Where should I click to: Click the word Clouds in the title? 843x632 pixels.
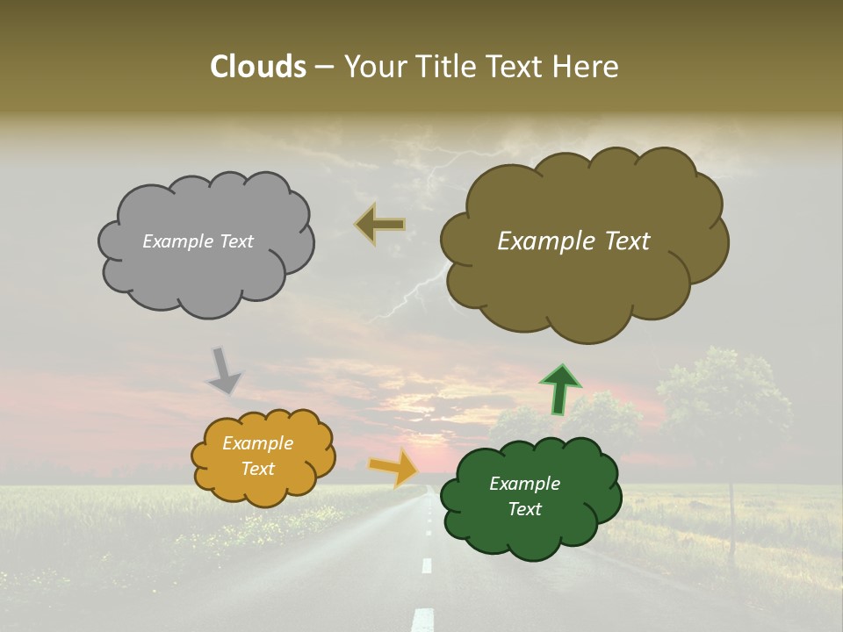[257, 67]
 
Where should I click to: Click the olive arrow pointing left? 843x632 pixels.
[381, 225]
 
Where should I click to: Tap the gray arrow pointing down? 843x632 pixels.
[224, 370]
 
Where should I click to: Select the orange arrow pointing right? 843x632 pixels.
[393, 467]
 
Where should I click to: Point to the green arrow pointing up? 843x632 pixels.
[559, 389]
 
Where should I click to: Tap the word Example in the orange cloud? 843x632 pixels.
[257, 443]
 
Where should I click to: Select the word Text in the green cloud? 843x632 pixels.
[524, 509]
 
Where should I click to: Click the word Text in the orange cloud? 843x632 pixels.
[257, 469]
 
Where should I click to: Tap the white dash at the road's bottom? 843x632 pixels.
[424, 618]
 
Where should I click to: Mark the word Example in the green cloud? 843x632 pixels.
[524, 484]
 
